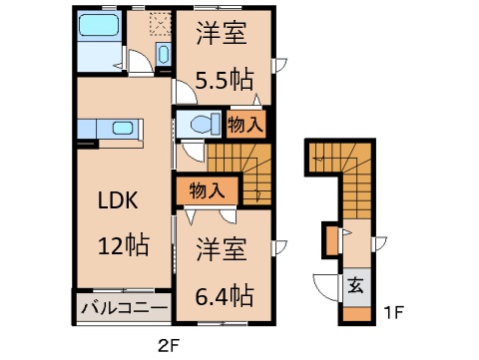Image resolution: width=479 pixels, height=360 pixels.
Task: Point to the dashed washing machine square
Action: coord(157,22)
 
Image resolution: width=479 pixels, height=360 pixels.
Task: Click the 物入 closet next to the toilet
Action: coord(245,125)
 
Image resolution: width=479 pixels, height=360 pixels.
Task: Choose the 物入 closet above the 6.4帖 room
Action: coord(206,189)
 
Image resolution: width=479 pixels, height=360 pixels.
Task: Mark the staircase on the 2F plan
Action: coord(239,165)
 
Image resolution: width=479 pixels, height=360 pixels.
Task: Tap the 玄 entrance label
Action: coord(355,284)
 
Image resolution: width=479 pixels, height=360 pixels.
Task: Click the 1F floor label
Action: coord(393,310)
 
